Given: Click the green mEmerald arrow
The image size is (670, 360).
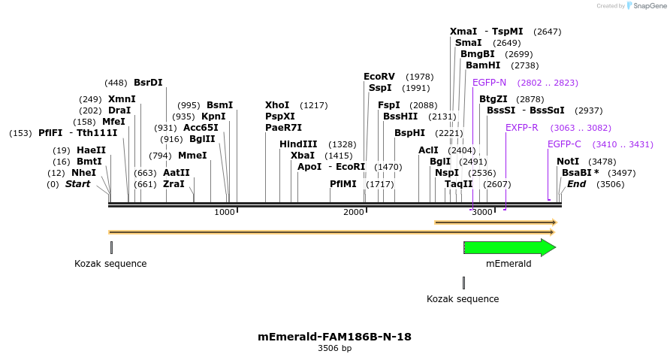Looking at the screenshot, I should click(509, 247).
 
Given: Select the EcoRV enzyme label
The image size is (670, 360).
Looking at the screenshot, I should click(379, 77).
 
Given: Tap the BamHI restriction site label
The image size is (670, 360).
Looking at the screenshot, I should click(483, 65).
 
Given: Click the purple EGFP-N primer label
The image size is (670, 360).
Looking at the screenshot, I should click(489, 83).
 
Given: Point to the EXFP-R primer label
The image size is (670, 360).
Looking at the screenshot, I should click(522, 128).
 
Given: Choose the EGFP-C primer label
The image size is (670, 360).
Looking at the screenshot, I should click(564, 144).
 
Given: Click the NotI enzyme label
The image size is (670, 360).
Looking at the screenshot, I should click(568, 162).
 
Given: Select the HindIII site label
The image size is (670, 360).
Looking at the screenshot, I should click(298, 144).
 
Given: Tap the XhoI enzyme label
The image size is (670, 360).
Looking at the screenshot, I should click(277, 105).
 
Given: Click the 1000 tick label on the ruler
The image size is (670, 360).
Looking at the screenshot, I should click(225, 213).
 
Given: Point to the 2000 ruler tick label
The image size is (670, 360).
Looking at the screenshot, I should click(354, 213).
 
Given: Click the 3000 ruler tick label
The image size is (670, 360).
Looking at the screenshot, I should click(482, 213).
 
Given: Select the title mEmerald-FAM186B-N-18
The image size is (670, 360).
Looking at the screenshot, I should click(334, 337).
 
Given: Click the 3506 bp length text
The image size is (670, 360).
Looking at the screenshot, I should click(334, 349).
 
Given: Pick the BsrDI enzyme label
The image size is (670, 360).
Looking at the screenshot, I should click(148, 83).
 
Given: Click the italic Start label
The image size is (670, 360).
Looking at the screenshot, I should click(77, 184).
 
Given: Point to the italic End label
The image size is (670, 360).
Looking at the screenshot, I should click(576, 184).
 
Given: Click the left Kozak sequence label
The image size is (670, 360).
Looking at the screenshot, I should click(110, 264).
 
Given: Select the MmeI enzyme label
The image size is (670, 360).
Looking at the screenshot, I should click(192, 156).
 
